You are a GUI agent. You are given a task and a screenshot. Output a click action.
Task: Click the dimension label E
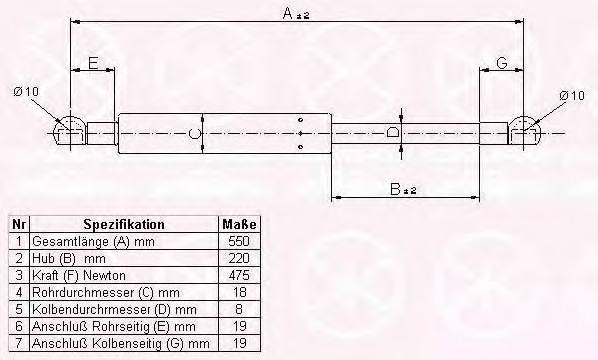[93, 63]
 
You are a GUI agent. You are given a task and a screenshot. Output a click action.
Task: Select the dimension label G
[502, 62]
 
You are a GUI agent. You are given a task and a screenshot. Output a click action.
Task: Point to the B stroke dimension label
[403, 189]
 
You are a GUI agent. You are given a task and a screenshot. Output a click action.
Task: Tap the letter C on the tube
[195, 134]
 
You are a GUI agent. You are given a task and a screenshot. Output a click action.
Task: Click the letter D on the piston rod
[392, 133]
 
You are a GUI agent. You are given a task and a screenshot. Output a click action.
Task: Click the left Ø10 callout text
[26, 92]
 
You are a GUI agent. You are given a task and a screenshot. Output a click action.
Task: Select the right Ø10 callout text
[572, 95]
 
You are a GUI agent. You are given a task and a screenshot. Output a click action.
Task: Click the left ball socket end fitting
[69, 130]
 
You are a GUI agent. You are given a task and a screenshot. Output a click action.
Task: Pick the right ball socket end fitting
[525, 131]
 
